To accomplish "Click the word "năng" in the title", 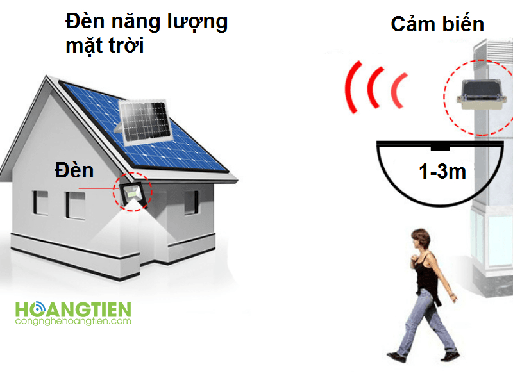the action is (136, 23).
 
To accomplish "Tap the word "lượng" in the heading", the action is (198, 22).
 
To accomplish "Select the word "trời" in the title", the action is (126, 45).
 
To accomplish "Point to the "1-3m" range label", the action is (442, 171).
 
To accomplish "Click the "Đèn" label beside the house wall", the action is (74, 170).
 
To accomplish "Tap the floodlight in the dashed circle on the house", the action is (133, 194).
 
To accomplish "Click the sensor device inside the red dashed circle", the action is (480, 95).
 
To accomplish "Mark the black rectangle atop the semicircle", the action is (440, 147).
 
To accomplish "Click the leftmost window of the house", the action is (40, 202).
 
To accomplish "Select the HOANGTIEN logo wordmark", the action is (73, 309).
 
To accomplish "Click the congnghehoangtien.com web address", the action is (73, 321).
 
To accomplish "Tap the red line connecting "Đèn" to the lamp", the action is (96, 188).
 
